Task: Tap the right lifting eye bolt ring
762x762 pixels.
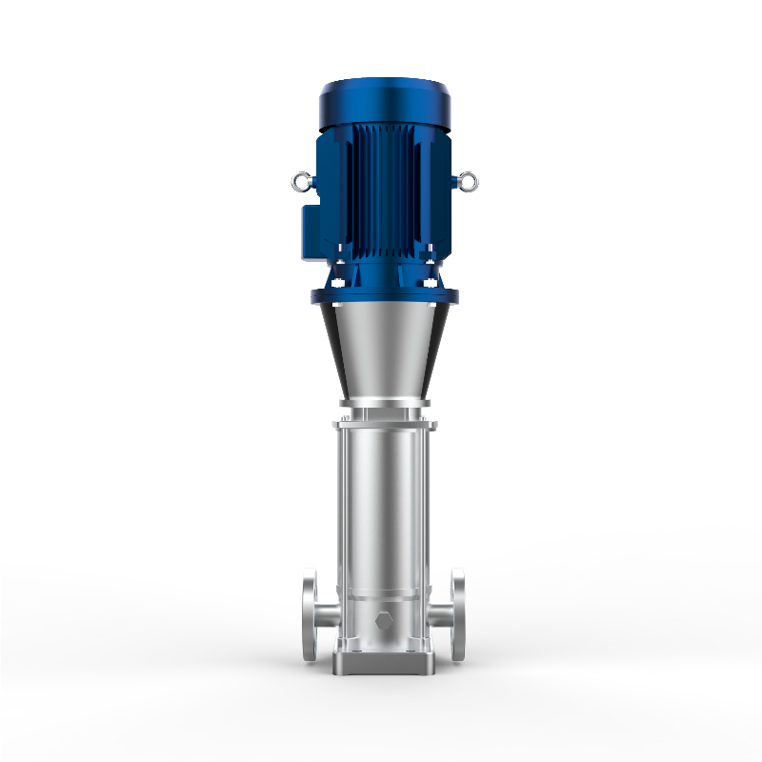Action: pos(467,178)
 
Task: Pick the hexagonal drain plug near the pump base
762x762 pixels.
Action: pos(384,624)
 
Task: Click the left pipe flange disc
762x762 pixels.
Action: pos(310,614)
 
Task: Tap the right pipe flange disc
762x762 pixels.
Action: pos(459,614)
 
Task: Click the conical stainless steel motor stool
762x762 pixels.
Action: pos(384,352)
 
